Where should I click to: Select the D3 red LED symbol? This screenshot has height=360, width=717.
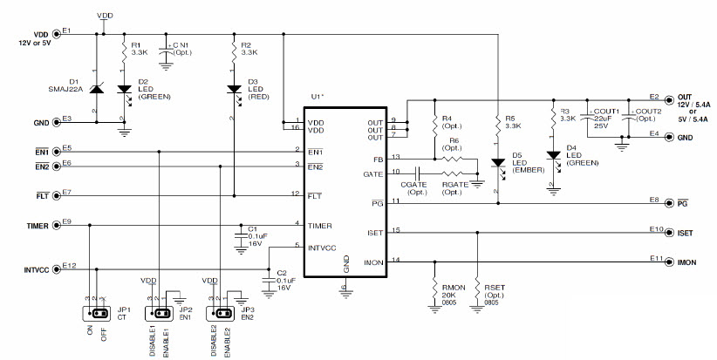(x=234, y=89)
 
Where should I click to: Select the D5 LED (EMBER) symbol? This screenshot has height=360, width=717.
(x=496, y=162)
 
